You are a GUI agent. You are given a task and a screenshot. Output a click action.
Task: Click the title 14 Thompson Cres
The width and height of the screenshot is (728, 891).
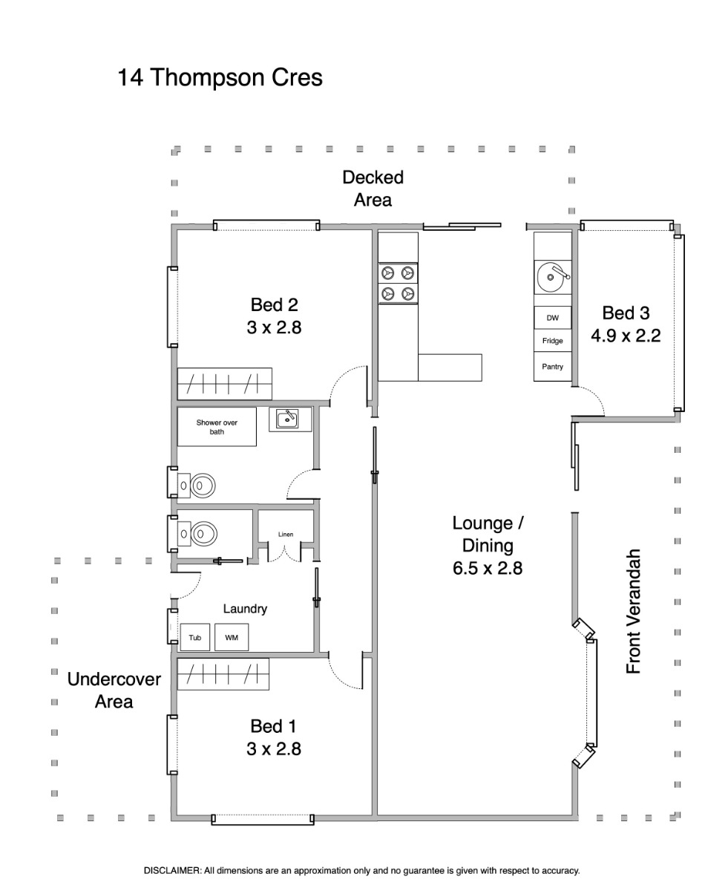pyautogui.click(x=220, y=77)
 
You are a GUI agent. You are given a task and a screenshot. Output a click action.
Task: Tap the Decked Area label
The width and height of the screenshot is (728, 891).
pyautogui.click(x=373, y=189)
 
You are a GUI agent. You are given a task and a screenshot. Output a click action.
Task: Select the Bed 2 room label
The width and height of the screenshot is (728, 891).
pyautogui.click(x=274, y=304)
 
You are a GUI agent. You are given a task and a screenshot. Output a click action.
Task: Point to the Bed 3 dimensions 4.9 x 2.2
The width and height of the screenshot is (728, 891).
pyautogui.click(x=626, y=336)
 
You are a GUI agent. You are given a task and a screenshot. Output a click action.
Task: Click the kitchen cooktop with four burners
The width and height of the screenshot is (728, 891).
pyautogui.click(x=398, y=283)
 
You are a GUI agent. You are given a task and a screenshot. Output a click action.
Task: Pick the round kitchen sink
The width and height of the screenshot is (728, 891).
pyautogui.click(x=553, y=277)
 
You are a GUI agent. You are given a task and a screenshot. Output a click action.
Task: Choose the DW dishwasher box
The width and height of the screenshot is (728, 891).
pyautogui.click(x=552, y=318)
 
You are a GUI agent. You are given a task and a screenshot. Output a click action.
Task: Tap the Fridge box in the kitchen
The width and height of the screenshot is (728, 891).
pyautogui.click(x=552, y=341)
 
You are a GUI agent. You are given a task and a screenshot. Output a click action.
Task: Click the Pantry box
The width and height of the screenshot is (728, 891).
pyautogui.click(x=552, y=367)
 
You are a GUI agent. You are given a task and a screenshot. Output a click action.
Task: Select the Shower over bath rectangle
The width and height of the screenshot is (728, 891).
pyautogui.click(x=217, y=427)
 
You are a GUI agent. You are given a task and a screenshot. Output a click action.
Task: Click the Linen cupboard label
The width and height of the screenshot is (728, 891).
pyautogui.click(x=286, y=535)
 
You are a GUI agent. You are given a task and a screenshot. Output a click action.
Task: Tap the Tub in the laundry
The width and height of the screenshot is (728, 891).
pyautogui.click(x=194, y=637)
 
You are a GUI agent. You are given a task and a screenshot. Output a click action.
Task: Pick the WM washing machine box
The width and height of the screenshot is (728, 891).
pyautogui.click(x=232, y=637)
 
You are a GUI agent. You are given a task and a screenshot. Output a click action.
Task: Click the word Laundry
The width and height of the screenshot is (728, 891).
pyautogui.click(x=245, y=609)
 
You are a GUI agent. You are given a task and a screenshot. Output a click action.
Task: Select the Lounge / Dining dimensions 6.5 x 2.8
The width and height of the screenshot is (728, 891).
pyautogui.click(x=488, y=568)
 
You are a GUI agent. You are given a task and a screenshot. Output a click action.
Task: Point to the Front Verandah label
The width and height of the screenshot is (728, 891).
pyautogui.click(x=634, y=611)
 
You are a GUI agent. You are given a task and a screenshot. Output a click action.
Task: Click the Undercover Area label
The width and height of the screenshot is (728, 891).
pyautogui.click(x=114, y=691)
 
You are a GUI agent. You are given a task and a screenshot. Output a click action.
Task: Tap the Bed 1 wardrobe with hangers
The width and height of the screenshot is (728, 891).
pyautogui.click(x=223, y=674)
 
